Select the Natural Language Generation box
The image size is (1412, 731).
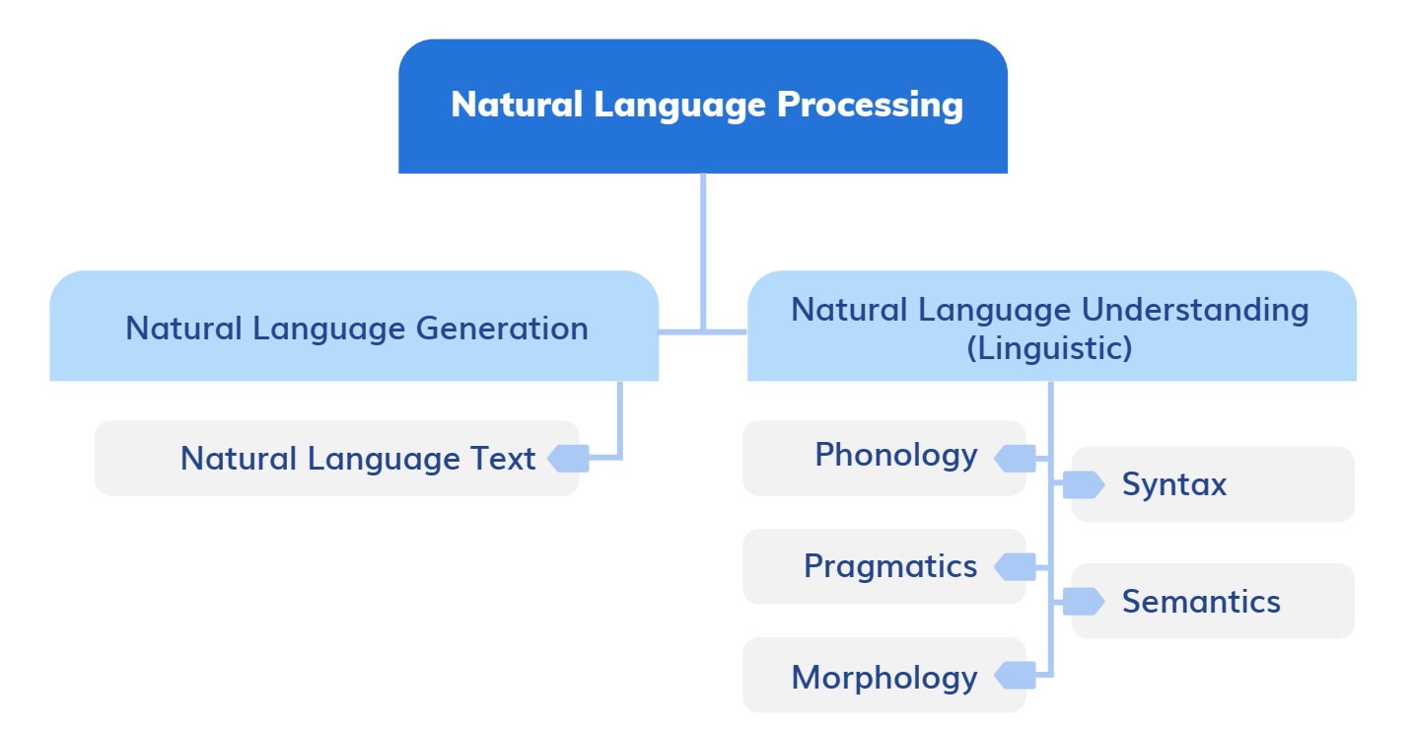pos(354,327)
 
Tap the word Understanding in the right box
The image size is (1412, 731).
pos(1195,310)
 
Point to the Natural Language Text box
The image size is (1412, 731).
pos(336,459)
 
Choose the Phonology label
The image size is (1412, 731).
pos(895,456)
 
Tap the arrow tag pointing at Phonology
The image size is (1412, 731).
pos(1016,458)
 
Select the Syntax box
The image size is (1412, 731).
pos(1213,484)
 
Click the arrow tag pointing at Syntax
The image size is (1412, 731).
pos(1083,484)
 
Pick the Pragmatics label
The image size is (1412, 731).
pos(889,566)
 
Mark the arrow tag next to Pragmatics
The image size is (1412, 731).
pos(1016,566)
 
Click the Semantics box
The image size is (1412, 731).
pos(1213,602)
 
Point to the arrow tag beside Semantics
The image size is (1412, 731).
pos(1083,601)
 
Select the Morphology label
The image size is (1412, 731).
pos(883,678)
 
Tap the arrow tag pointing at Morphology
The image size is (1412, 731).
pos(1016,676)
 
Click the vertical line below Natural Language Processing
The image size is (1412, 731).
pos(703,247)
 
